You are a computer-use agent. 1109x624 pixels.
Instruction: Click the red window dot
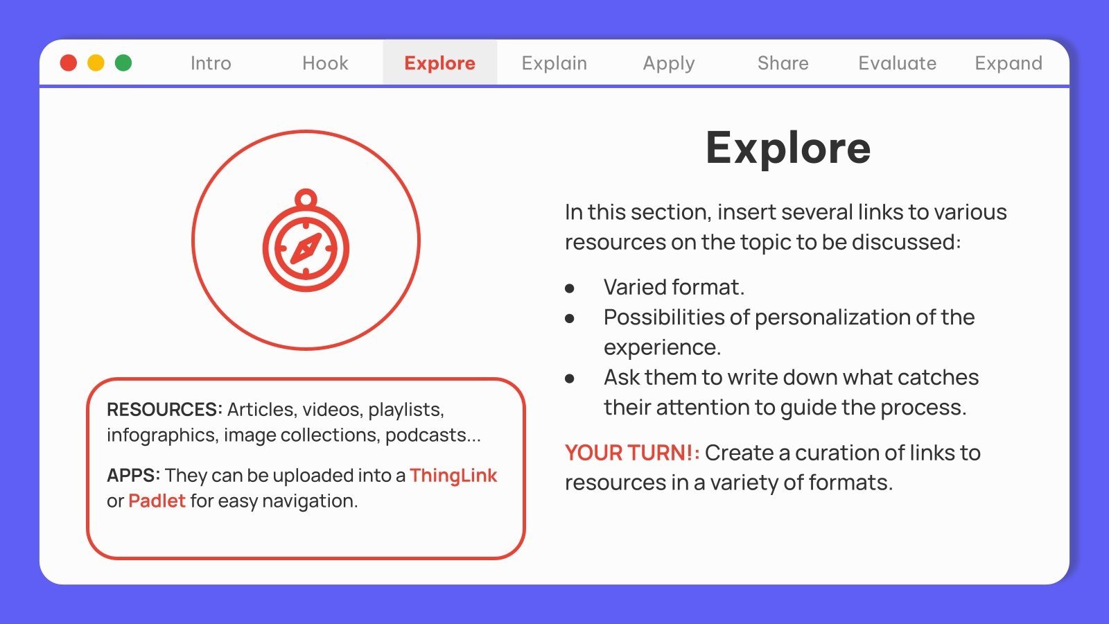[69, 63]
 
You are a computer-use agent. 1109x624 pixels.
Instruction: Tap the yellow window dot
[96, 63]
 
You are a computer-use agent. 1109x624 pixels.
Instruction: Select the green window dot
[123, 63]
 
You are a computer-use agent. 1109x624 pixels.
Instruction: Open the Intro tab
[211, 63]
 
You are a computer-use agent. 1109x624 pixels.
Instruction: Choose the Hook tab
[325, 63]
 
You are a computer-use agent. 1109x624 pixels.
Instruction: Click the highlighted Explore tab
[439, 63]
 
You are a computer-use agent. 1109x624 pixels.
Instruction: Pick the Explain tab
[554, 63]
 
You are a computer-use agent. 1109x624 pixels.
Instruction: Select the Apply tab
[668, 63]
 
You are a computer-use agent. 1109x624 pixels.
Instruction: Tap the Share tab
[783, 63]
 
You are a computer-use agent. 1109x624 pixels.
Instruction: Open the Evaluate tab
[897, 63]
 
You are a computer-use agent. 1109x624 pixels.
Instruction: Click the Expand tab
[1008, 63]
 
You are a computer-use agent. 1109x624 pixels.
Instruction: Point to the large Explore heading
[787, 148]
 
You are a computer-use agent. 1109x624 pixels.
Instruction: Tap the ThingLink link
[453, 476]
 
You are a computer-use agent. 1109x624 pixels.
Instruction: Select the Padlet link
[157, 501]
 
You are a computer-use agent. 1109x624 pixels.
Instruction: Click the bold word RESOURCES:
[164, 410]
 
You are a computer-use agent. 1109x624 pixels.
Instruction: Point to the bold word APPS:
[133, 476]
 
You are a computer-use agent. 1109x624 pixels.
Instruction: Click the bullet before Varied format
[570, 288]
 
